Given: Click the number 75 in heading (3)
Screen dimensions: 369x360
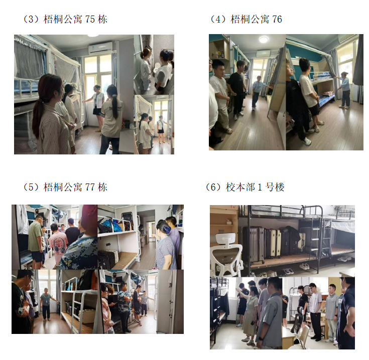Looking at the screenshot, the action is tap(90, 19).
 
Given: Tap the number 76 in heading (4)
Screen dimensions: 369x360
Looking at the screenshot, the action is tap(277, 19).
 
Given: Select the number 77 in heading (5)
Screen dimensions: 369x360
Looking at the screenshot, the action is tap(90, 188).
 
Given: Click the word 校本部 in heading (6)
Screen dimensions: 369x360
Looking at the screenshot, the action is tap(240, 188).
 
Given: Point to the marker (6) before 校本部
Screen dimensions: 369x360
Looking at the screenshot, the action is tap(214, 188).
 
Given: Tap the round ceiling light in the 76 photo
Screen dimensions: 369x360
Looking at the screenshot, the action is tap(264, 39).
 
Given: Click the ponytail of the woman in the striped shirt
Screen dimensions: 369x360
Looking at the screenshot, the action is tap(38, 115).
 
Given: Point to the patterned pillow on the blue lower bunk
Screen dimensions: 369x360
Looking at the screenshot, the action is tap(326, 94).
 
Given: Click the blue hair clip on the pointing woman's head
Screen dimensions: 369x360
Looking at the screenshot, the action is tap(168, 229).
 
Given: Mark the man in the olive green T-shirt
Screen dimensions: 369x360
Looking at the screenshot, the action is tap(36, 242).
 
